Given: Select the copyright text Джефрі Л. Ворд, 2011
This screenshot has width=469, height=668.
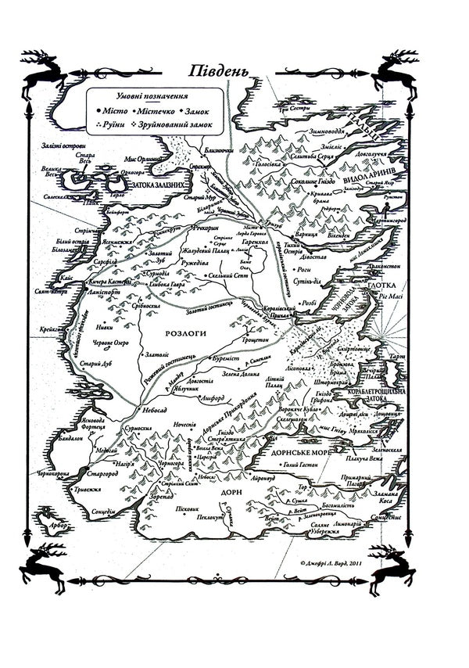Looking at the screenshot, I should click(339, 562).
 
